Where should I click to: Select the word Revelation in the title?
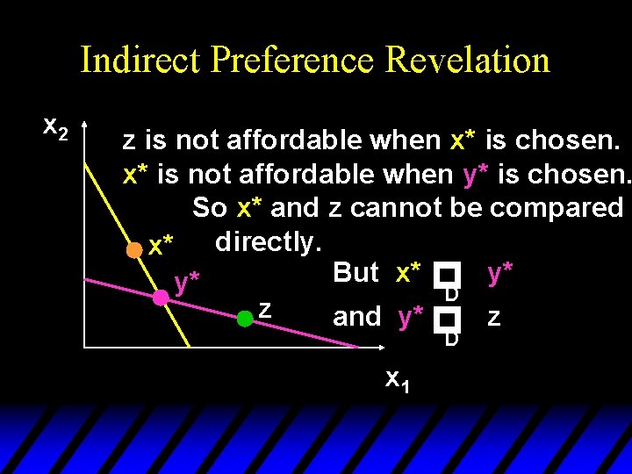(x=467, y=61)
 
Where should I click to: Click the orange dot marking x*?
(x=133, y=249)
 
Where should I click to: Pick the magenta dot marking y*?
(x=161, y=298)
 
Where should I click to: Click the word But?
(x=356, y=273)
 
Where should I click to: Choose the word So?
(x=210, y=208)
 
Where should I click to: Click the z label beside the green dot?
(x=264, y=309)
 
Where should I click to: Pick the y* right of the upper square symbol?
(x=499, y=273)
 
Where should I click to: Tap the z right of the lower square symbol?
(x=493, y=317)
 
